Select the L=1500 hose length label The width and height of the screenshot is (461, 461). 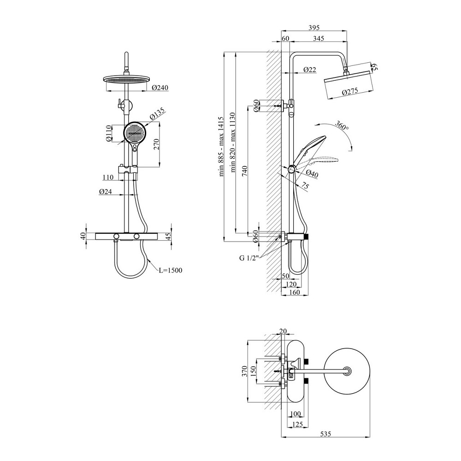[170, 270]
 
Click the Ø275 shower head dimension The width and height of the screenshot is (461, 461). [350, 92]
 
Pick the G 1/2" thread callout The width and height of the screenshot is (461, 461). [249, 258]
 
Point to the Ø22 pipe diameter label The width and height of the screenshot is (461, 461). [310, 70]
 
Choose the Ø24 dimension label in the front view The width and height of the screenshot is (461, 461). [106, 192]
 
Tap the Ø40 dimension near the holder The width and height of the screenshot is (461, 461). [312, 174]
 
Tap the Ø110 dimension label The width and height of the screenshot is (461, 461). [108, 134]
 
